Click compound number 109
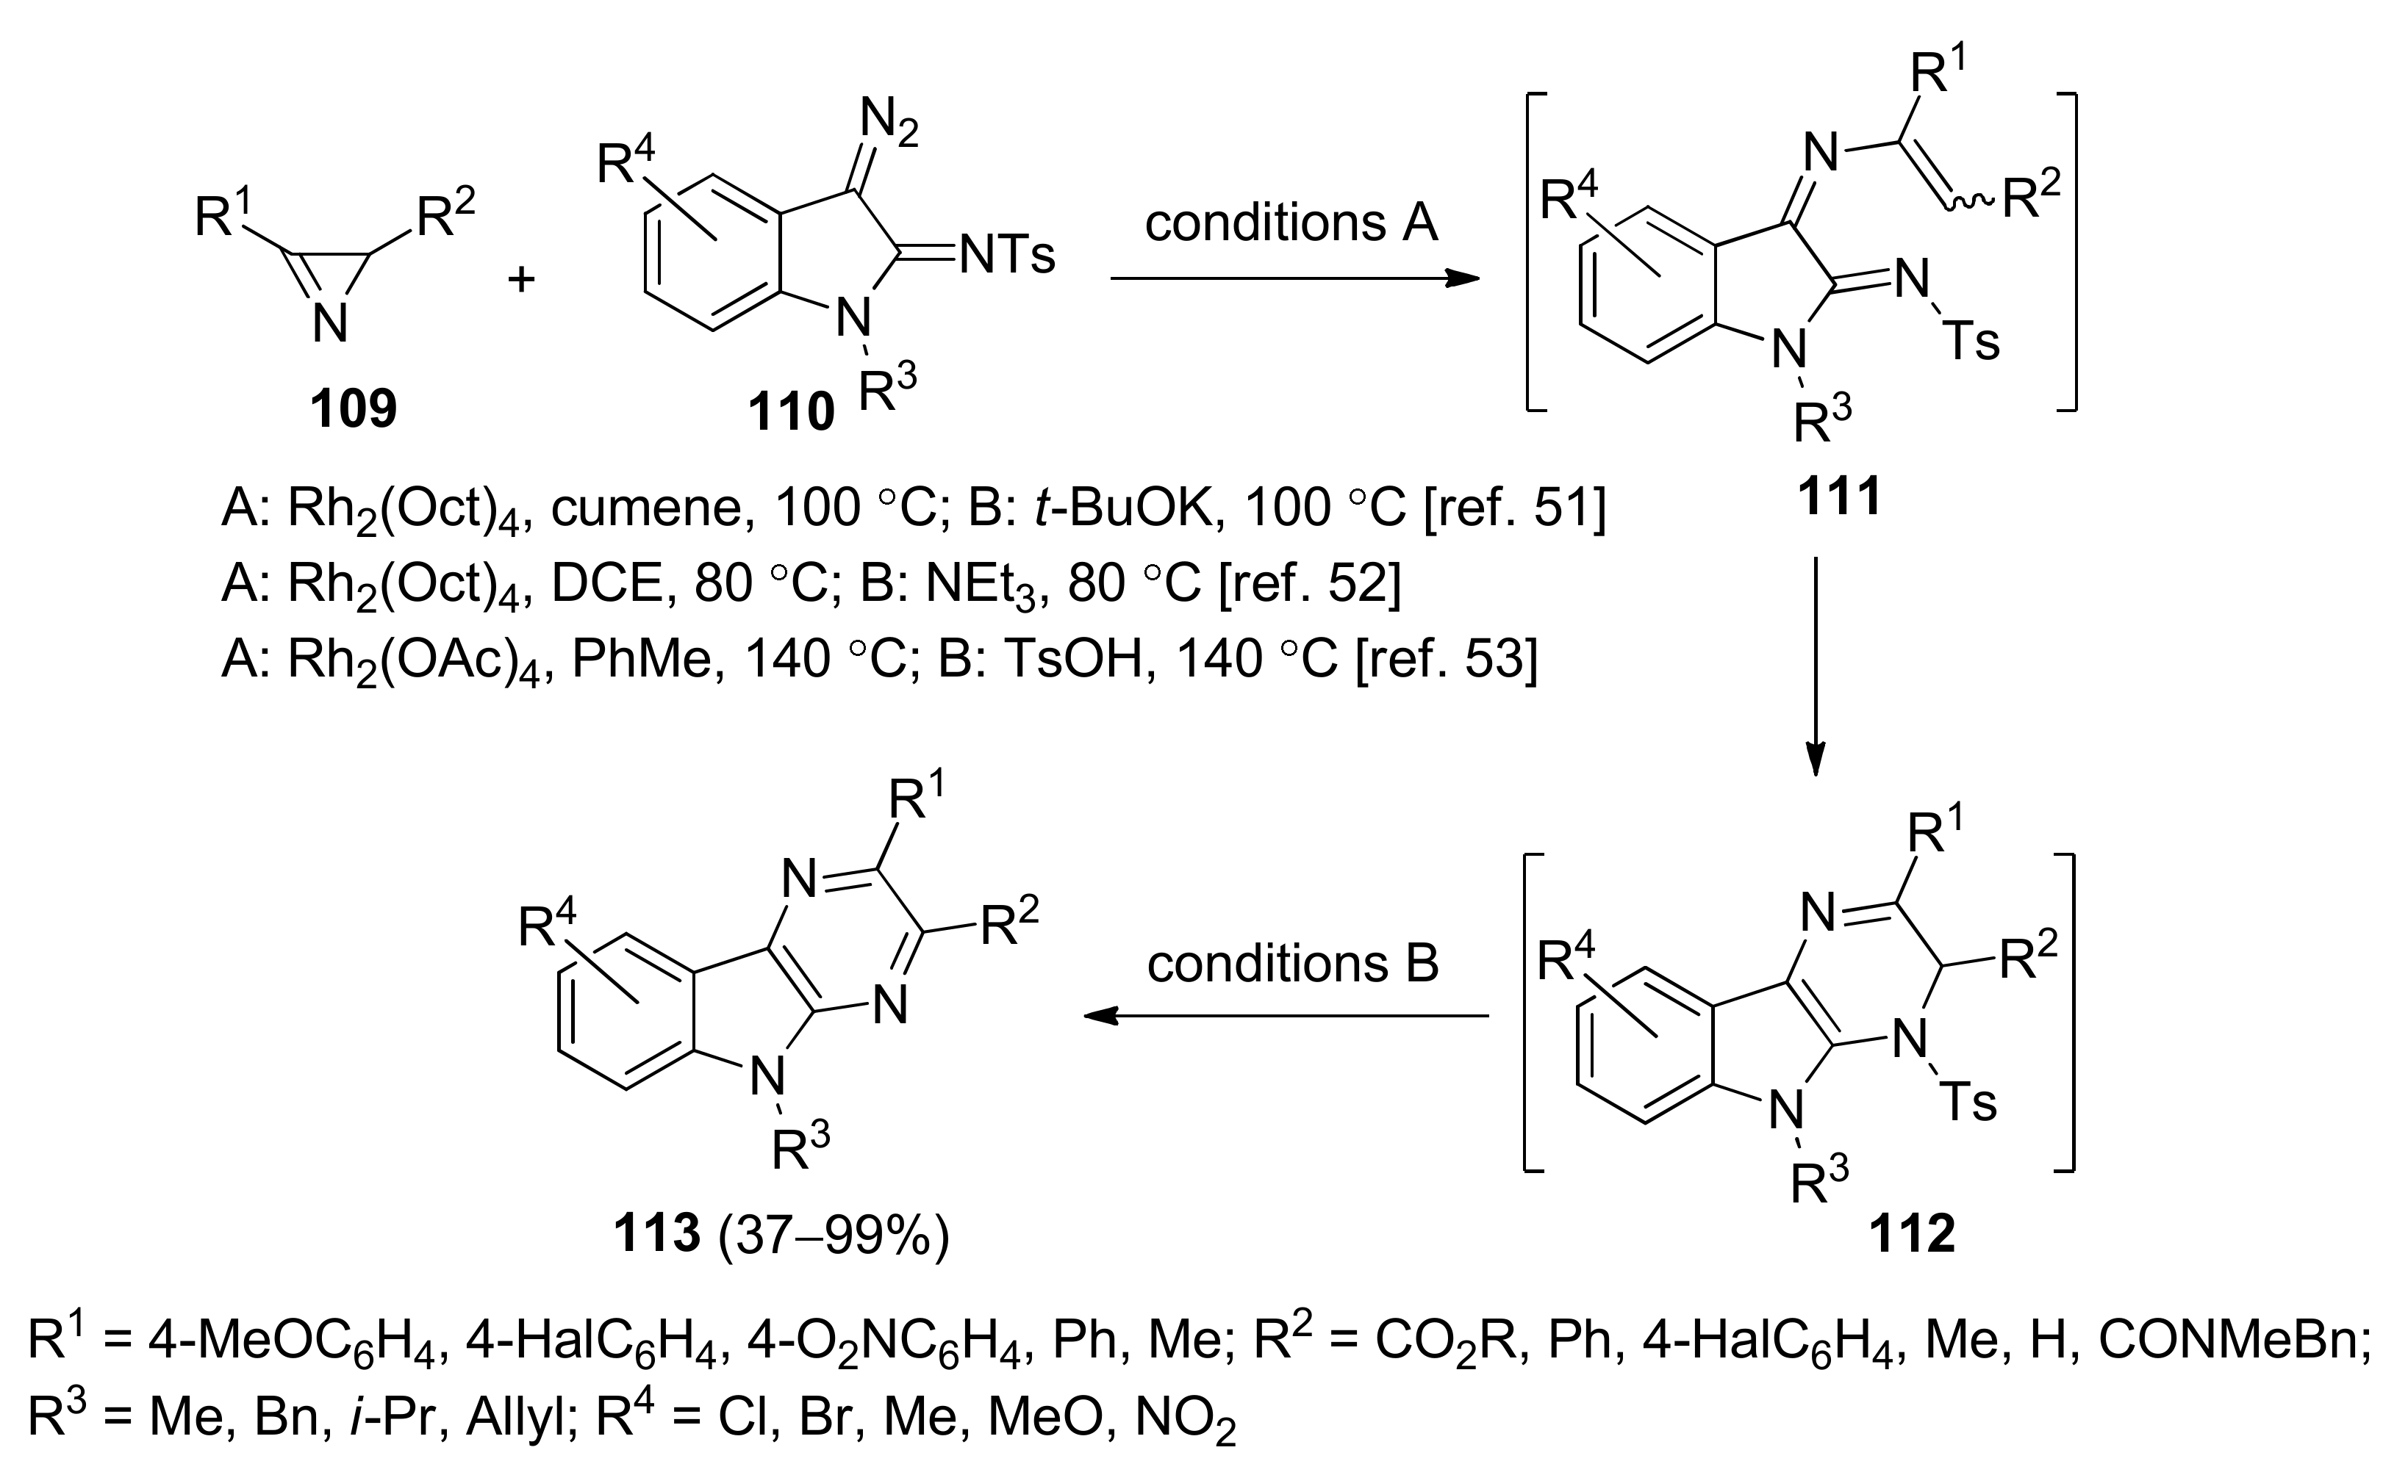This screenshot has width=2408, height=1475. point(353,408)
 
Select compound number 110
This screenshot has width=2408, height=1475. point(791,412)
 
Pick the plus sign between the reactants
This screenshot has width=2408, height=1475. point(522,281)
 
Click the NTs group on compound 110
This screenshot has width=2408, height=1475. point(1006,256)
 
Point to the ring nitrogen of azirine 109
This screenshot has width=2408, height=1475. point(330,323)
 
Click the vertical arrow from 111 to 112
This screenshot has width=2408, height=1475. point(1815,664)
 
